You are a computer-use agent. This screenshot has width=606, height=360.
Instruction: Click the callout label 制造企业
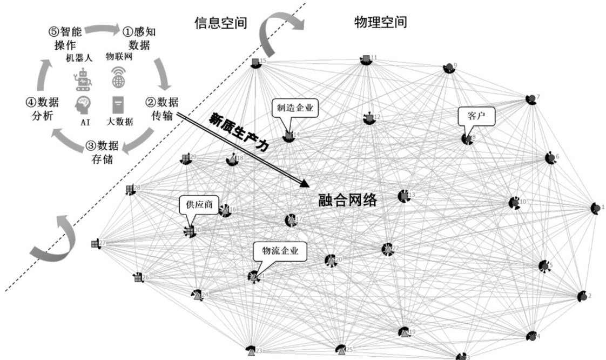pyautogui.click(x=295, y=108)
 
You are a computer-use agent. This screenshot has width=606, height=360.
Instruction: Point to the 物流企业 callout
pyautogui.click(x=280, y=251)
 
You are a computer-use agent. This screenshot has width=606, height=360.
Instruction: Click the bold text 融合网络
pyautogui.click(x=347, y=201)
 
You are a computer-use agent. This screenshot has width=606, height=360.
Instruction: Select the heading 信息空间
pyautogui.click(x=221, y=23)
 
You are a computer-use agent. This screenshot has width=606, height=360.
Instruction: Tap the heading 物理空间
pyautogui.click(x=381, y=22)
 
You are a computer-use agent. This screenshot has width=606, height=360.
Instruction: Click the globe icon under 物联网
pyautogui.click(x=118, y=79)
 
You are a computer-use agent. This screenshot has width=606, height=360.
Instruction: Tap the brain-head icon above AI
pyautogui.click(x=84, y=104)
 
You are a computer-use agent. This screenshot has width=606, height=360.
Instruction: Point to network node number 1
pyautogui.click(x=595, y=208)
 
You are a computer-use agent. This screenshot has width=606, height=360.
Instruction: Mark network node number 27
pyautogui.click(x=95, y=243)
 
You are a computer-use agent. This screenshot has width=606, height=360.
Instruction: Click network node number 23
pyautogui.click(x=251, y=351)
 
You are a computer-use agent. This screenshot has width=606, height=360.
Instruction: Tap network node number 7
pyautogui.click(x=531, y=99)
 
